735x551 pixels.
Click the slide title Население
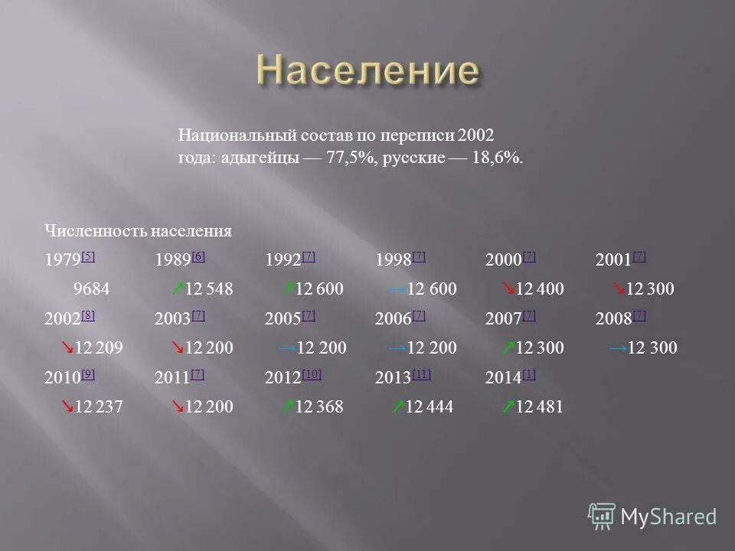(367, 71)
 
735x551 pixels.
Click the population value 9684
(91, 289)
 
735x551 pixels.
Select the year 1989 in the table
(172, 260)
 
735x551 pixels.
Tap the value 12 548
(209, 289)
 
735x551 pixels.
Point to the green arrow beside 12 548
(177, 289)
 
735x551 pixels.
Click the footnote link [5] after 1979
(88, 256)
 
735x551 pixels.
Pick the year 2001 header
(613, 260)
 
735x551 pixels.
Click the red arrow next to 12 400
(508, 289)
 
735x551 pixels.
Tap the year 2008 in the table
(613, 320)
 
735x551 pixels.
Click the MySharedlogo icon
(602, 516)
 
